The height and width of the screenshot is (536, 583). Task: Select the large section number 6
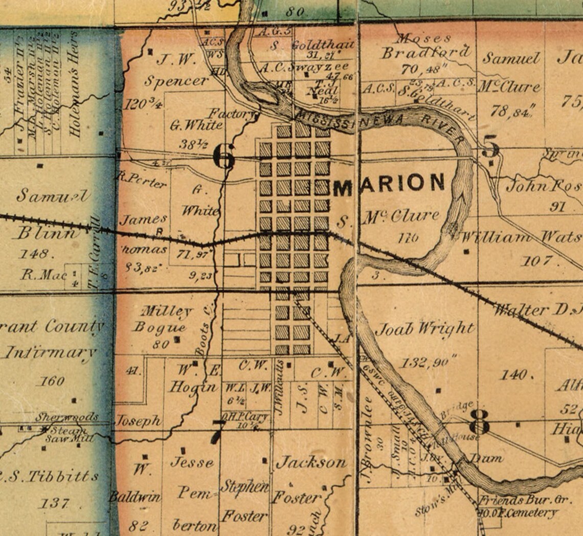223,157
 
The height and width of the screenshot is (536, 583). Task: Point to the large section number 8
480,422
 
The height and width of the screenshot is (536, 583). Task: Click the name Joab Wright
424,329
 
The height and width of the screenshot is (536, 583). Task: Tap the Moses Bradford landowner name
424,47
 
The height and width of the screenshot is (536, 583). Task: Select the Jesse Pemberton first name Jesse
191,463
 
